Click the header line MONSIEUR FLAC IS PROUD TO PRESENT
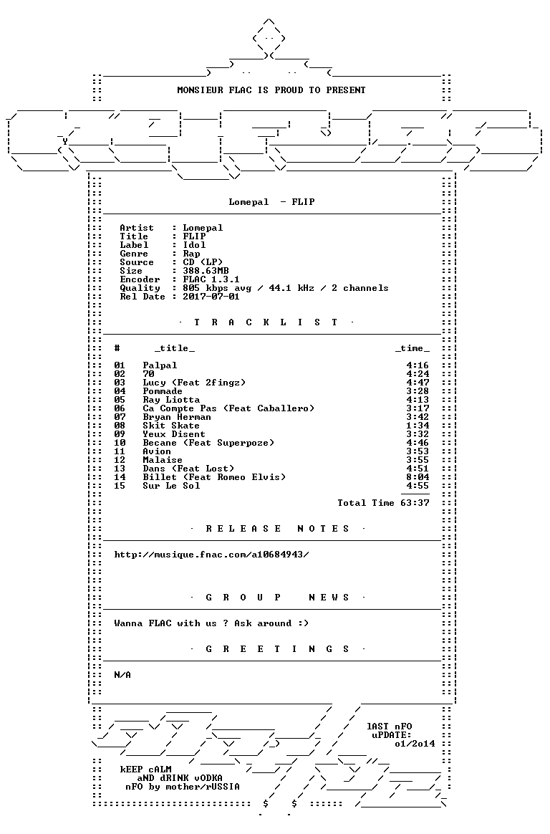(x=271, y=90)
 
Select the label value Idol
(x=194, y=244)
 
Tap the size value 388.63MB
(x=206, y=271)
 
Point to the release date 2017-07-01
(x=211, y=296)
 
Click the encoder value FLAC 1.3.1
(x=211, y=279)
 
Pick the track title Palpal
(x=160, y=365)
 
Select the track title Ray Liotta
(x=171, y=400)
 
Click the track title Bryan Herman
(x=177, y=417)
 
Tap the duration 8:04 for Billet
(x=418, y=477)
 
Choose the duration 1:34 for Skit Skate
(x=418, y=426)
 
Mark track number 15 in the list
(x=120, y=486)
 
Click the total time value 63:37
(x=415, y=503)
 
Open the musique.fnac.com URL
(x=211, y=555)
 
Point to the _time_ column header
(x=412, y=348)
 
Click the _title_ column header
(x=175, y=348)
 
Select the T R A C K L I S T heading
(x=266, y=322)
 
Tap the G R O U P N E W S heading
(x=277, y=598)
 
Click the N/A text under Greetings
(x=122, y=674)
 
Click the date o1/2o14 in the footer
(x=415, y=744)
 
